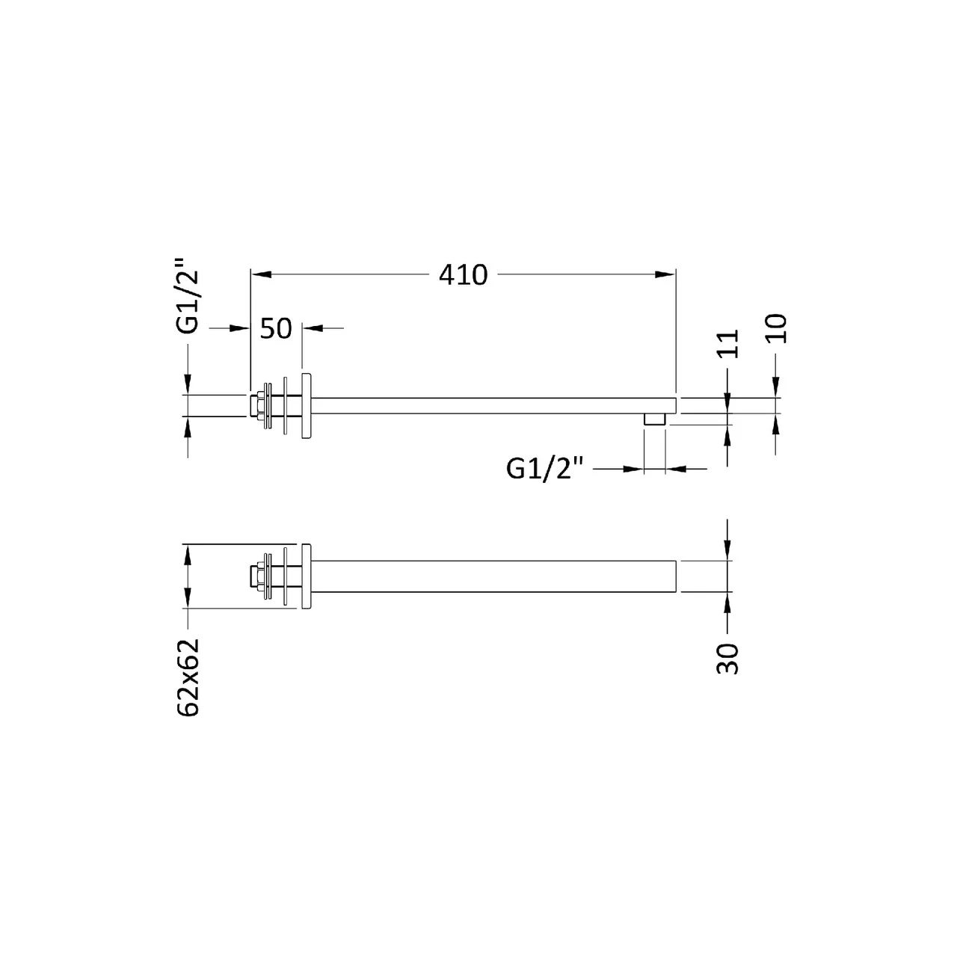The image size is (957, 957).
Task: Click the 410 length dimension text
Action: click(x=463, y=274)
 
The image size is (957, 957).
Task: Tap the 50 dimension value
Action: click(x=276, y=328)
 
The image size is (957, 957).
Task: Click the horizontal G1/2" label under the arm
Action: click(x=544, y=468)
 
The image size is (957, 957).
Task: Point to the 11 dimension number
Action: click(x=728, y=343)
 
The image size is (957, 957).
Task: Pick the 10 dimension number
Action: click(x=776, y=328)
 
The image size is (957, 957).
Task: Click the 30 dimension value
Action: click(x=728, y=659)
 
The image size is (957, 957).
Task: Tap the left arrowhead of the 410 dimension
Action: click(x=261, y=274)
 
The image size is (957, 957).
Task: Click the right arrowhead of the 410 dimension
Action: click(x=665, y=274)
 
